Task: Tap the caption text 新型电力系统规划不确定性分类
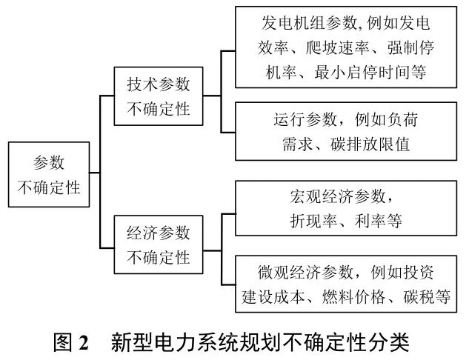(261, 342)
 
